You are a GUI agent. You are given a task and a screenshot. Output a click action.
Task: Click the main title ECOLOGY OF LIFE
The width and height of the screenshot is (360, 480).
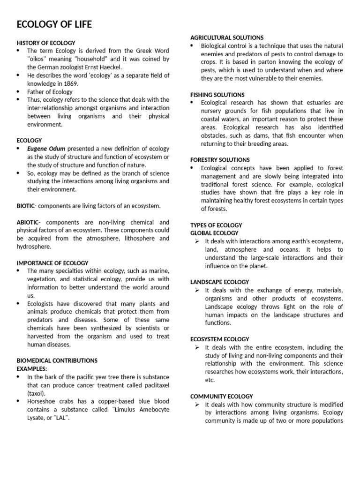[54, 24]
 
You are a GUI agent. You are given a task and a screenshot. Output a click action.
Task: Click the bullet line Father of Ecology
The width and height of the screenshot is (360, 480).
[50, 92]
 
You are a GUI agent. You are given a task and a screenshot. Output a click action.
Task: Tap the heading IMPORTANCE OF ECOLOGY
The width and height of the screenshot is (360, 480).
[52, 263]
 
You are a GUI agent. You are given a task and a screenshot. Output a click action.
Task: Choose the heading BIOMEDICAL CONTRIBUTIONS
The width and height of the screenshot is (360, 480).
[57, 360]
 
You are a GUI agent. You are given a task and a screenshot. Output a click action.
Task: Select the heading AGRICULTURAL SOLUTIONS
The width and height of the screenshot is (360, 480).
[227, 37]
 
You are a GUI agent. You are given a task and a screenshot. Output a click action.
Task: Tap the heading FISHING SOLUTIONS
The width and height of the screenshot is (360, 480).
[217, 95]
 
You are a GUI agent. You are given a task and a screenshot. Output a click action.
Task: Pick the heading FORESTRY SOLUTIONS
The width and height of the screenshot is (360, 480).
[220, 160]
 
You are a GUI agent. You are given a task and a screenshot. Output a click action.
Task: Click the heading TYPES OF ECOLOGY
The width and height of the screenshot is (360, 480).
[216, 225]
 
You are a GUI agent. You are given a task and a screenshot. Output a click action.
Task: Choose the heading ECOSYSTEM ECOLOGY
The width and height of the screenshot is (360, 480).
[220, 339]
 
